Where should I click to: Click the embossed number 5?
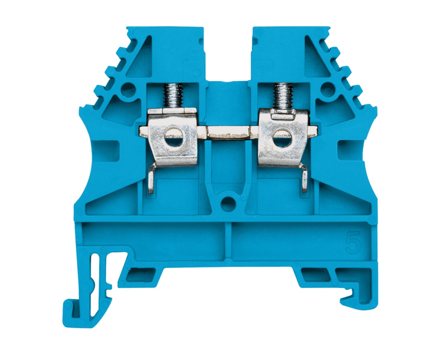tap(353, 242)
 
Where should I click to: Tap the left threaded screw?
tap(173, 95)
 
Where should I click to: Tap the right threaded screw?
tap(283, 96)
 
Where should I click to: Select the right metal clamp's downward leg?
tap(304, 179)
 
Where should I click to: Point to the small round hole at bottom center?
tap(228, 204)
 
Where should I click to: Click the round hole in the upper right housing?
tap(327, 89)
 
